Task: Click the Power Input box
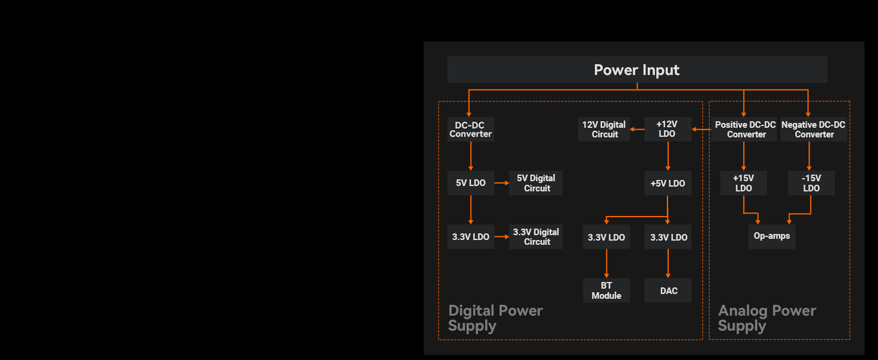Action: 637,70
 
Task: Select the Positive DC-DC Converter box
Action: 745,130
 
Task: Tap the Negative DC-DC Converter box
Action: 813,130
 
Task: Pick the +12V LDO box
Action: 667,129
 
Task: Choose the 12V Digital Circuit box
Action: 604,130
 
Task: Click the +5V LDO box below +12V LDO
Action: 667,183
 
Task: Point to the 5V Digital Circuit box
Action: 536,183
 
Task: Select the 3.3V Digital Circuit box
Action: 536,237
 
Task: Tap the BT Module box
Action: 606,290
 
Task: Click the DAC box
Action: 668,291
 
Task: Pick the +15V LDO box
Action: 743,183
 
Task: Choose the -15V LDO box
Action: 811,183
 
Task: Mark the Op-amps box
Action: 772,236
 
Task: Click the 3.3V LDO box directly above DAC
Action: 668,237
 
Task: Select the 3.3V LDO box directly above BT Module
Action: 606,237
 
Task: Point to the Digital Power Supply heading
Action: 495,318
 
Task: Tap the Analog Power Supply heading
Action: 766,318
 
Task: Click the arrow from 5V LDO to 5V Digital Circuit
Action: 501,183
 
